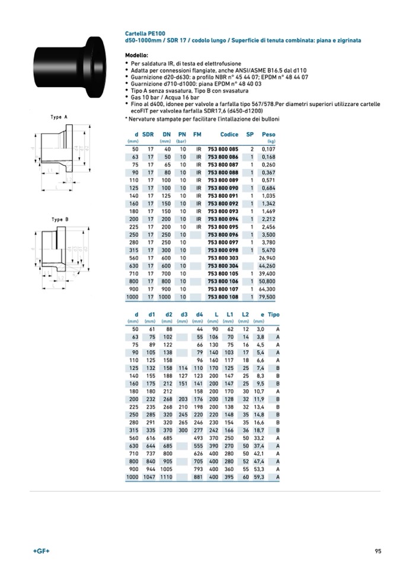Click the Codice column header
pos(229,134)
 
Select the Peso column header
pos(269,134)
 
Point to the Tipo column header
pos(273,314)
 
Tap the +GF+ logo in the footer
pos(42,551)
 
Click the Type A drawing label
pos(59,117)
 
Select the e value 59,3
pos(260,477)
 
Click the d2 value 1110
pos(165,477)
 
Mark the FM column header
pos(197,134)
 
